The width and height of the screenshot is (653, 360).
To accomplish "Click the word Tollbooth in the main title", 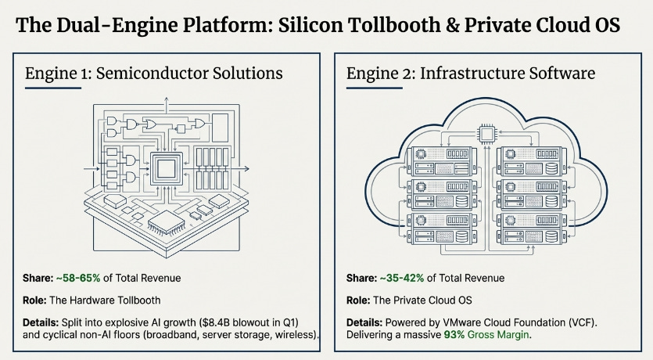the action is [x=393, y=25].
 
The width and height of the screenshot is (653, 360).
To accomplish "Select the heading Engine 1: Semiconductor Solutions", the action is [x=154, y=74].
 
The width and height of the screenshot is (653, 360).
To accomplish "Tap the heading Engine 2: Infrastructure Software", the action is [x=471, y=74].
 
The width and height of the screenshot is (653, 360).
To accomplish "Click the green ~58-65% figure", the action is [x=78, y=278].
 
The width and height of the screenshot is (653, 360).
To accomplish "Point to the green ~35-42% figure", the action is [x=402, y=278].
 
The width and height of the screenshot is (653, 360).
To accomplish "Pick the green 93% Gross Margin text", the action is [x=486, y=335].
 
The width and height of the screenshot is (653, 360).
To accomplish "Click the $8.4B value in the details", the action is [x=216, y=322].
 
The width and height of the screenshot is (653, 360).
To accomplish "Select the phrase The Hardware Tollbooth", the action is [x=105, y=301].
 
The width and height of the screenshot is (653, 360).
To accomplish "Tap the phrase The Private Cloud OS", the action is [x=423, y=301].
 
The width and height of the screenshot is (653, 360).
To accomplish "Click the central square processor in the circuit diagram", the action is [x=166, y=169].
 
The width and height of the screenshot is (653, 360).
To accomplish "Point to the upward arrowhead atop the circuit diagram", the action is [x=166, y=100].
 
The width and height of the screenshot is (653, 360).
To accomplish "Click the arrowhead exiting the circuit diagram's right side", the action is [x=246, y=169].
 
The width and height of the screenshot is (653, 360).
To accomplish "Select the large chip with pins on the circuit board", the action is [x=167, y=223].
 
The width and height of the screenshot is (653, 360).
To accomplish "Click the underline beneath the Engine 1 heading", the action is [x=53, y=88].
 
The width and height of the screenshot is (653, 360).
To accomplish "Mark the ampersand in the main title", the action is [x=452, y=25].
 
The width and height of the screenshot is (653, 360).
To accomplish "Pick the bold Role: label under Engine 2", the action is [x=358, y=301].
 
